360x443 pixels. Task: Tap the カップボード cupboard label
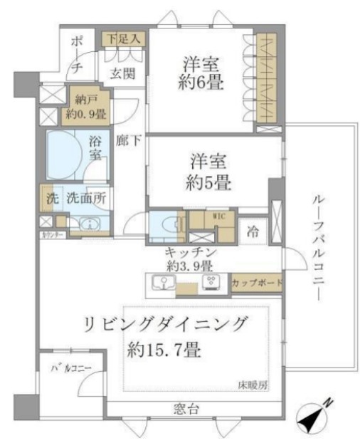[257, 283]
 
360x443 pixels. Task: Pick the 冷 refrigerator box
[252, 231]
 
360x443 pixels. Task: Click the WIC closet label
[218, 214]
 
